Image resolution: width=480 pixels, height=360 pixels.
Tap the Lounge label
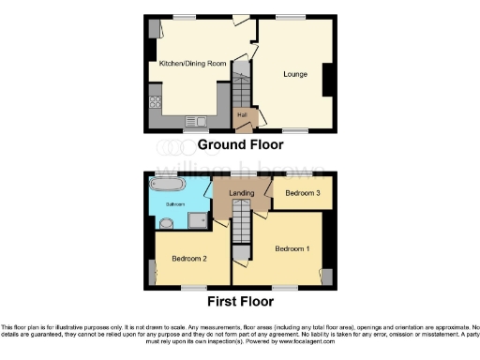tap(297, 72)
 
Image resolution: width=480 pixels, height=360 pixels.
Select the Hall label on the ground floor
tap(242, 115)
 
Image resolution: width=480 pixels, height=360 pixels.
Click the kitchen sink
tap(195, 120)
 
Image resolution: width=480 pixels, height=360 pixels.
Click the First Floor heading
tap(241, 302)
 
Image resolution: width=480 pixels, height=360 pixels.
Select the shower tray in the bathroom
tap(198, 219)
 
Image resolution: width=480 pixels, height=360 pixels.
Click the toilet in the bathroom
tap(165, 222)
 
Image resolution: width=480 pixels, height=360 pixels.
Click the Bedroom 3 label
tap(302, 193)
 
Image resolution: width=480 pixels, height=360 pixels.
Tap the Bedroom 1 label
tap(292, 249)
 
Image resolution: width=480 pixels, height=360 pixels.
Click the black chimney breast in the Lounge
tap(329, 79)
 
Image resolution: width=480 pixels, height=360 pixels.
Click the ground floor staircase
tap(239, 92)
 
